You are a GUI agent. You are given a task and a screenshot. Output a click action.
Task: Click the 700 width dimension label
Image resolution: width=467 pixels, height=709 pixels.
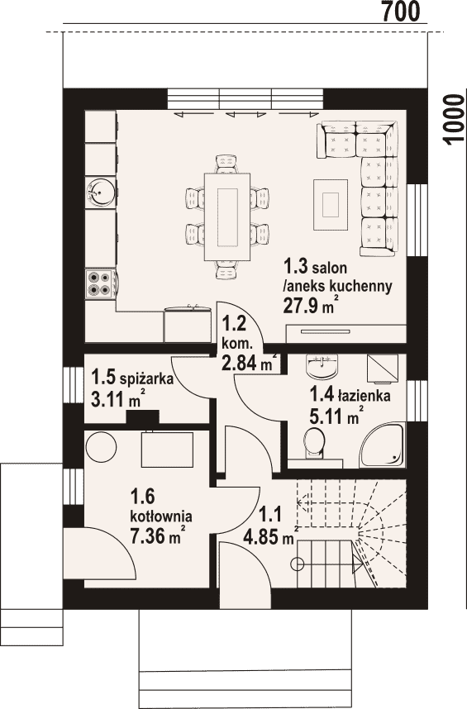(401, 12)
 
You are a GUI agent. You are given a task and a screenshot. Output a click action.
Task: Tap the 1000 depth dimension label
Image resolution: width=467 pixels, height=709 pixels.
(454, 121)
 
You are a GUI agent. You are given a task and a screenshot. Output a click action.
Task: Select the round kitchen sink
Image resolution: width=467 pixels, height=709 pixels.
(99, 193)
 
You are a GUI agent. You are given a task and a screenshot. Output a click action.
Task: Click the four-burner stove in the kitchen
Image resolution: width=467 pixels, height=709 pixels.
(100, 284)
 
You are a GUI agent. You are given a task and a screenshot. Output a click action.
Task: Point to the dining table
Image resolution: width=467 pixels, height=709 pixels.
(227, 217)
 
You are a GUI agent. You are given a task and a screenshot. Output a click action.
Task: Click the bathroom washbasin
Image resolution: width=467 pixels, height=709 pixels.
(322, 366)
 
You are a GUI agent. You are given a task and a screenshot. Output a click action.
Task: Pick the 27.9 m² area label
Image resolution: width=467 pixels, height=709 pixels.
(311, 305)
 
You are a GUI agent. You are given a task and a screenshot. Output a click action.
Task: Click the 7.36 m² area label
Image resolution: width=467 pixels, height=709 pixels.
(155, 535)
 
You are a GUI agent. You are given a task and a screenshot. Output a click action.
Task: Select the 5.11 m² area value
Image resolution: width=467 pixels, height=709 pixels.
(335, 416)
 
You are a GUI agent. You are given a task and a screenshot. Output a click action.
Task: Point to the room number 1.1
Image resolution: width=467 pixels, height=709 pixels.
(270, 515)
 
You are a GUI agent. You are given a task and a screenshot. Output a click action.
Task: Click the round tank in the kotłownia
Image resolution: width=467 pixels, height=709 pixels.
(102, 446)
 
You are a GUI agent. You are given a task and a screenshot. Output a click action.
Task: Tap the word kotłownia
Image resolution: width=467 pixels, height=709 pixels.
(161, 516)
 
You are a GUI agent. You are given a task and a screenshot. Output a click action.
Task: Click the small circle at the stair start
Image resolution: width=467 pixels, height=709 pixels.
(298, 564)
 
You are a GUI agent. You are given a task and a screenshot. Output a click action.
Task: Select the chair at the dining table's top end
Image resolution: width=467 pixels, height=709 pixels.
(226, 164)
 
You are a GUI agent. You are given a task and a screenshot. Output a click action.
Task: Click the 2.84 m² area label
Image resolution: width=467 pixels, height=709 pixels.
(249, 362)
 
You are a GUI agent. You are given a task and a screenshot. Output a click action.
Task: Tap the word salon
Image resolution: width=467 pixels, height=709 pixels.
(330, 268)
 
